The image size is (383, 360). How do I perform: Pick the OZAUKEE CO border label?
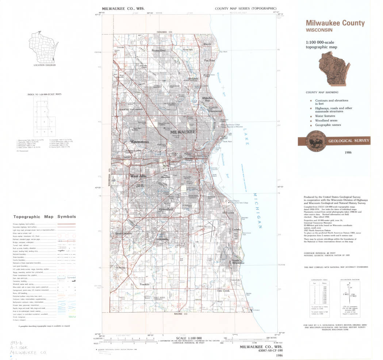pos(164,32)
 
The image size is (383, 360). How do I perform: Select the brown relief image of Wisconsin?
pos(333,68)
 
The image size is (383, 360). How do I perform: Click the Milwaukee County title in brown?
pos(335,23)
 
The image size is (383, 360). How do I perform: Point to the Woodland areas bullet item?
pos(326,120)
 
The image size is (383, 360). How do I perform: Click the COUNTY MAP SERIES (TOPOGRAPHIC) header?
pos(245,8)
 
